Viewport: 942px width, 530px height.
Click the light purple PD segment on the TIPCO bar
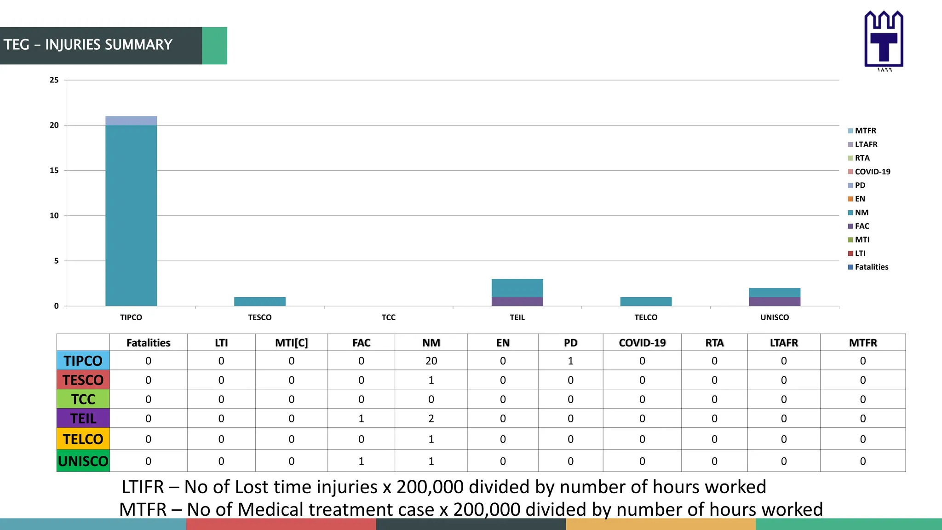pyautogui.click(x=131, y=121)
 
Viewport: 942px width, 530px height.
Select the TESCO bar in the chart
pyautogui.click(x=260, y=301)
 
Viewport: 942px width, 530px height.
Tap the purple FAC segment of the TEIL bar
pyautogui.click(x=517, y=301)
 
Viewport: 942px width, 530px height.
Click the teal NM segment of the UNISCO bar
pyautogui.click(x=775, y=293)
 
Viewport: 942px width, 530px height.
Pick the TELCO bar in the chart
pyautogui.click(x=646, y=301)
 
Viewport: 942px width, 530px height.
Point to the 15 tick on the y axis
pyautogui.click(x=54, y=170)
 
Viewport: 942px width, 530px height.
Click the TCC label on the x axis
pyautogui.click(x=388, y=317)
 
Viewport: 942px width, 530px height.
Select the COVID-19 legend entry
pyautogui.click(x=872, y=172)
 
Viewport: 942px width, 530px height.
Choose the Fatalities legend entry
pyautogui.click(x=871, y=267)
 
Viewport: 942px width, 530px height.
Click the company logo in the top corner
pyautogui.click(x=884, y=40)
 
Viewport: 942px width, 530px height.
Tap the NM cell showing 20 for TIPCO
pyautogui.click(x=431, y=361)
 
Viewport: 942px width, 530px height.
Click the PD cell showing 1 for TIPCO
pyautogui.click(x=570, y=361)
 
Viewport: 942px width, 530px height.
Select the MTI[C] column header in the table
pyautogui.click(x=291, y=343)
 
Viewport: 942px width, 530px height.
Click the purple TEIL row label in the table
pyautogui.click(x=83, y=419)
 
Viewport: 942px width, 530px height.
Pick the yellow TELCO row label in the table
pyautogui.click(x=83, y=439)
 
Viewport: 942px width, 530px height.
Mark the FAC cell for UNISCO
pyautogui.click(x=361, y=461)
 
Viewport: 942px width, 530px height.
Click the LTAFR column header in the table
pyautogui.click(x=784, y=343)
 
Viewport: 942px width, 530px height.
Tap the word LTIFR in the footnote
pyautogui.click(x=143, y=487)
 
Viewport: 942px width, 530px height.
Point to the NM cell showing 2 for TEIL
pyautogui.click(x=431, y=419)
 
